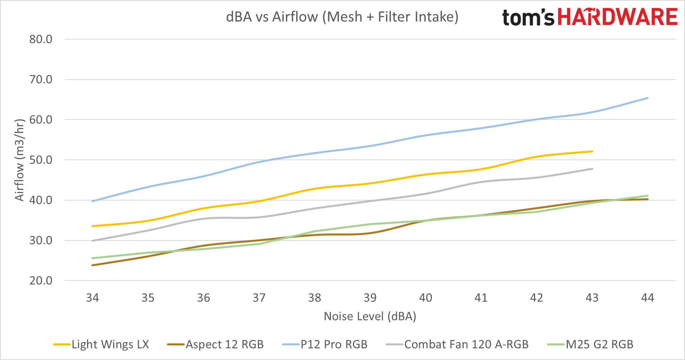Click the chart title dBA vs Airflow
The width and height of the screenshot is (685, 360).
tap(342, 17)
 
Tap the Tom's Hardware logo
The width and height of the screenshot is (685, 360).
tap(590, 17)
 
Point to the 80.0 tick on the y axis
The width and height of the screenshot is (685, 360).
tap(41, 39)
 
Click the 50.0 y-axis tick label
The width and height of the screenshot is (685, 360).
tap(41, 160)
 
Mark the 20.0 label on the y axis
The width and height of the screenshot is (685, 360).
tap(41, 280)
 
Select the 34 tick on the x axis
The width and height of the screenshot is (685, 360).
tap(93, 298)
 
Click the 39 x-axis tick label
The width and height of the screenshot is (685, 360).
tap(370, 298)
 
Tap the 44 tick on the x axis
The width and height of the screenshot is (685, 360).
tap(647, 298)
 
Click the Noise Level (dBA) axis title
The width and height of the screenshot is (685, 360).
tap(370, 316)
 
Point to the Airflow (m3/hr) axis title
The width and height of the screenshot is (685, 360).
tap(20, 160)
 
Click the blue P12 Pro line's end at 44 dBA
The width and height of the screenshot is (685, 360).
tap(647, 98)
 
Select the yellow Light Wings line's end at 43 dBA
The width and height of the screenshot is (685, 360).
tap(592, 152)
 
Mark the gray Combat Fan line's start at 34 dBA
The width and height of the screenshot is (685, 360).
tap(93, 241)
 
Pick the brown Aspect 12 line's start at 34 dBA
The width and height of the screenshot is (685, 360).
tap(93, 265)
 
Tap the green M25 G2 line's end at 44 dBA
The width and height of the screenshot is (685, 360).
tap(647, 196)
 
